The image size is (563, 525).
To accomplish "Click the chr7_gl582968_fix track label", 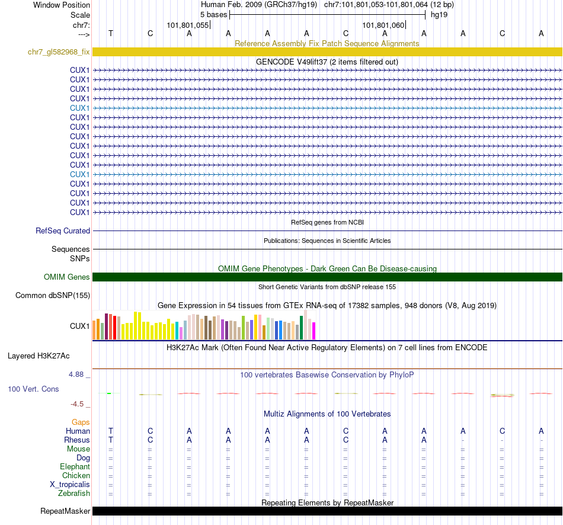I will (59, 52).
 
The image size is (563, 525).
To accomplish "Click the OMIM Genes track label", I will (67, 277).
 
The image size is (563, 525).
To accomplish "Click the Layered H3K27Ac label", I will (39, 356).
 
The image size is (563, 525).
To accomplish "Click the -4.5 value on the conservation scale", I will (78, 404).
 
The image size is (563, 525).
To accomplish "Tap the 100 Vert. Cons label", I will (33, 389).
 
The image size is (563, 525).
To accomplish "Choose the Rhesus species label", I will (77, 440).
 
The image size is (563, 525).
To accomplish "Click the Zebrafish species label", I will (74, 494).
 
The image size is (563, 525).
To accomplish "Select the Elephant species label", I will (75, 467).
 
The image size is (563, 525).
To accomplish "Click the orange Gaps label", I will (81, 422).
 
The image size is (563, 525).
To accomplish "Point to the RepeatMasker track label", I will (65, 511).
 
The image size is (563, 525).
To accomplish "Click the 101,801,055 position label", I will (188, 25).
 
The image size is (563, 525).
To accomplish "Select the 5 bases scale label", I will (213, 14).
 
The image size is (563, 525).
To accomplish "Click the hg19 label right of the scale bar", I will (439, 14).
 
